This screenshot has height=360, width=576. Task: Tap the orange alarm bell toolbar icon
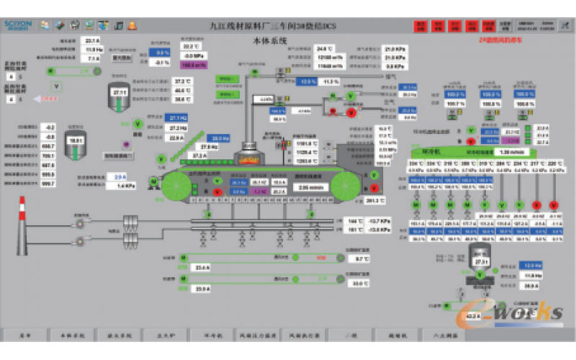(x=132, y=26)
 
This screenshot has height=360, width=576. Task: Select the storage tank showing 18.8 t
(x=75, y=143)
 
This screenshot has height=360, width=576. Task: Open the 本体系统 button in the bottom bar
(x=71, y=336)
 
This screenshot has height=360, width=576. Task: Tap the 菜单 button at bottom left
(x=24, y=336)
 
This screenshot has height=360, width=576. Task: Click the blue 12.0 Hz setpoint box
(x=530, y=265)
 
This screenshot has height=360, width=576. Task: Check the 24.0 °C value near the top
(x=324, y=49)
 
